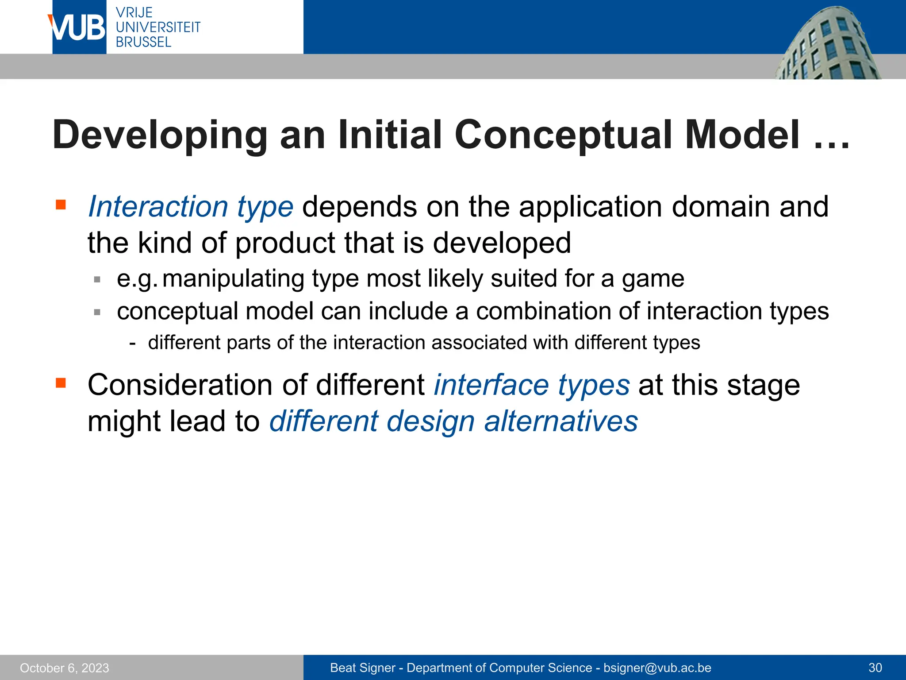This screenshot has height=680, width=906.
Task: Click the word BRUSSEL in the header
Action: [x=143, y=42]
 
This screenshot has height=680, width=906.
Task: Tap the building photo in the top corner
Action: [x=827, y=44]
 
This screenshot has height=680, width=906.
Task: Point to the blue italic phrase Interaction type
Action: [x=191, y=207]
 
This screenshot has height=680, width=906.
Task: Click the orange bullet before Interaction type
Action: [x=61, y=205]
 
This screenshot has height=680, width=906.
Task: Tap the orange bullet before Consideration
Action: [x=61, y=382]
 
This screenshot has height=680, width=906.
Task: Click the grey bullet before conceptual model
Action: [x=97, y=312]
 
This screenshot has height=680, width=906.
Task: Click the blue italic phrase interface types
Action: [x=531, y=385]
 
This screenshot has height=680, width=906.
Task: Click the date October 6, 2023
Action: [x=65, y=668]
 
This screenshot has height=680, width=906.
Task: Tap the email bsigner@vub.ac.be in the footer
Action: [x=657, y=668]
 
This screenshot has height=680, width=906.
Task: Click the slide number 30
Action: [x=875, y=668]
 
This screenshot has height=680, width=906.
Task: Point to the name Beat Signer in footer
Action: [x=363, y=668]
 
